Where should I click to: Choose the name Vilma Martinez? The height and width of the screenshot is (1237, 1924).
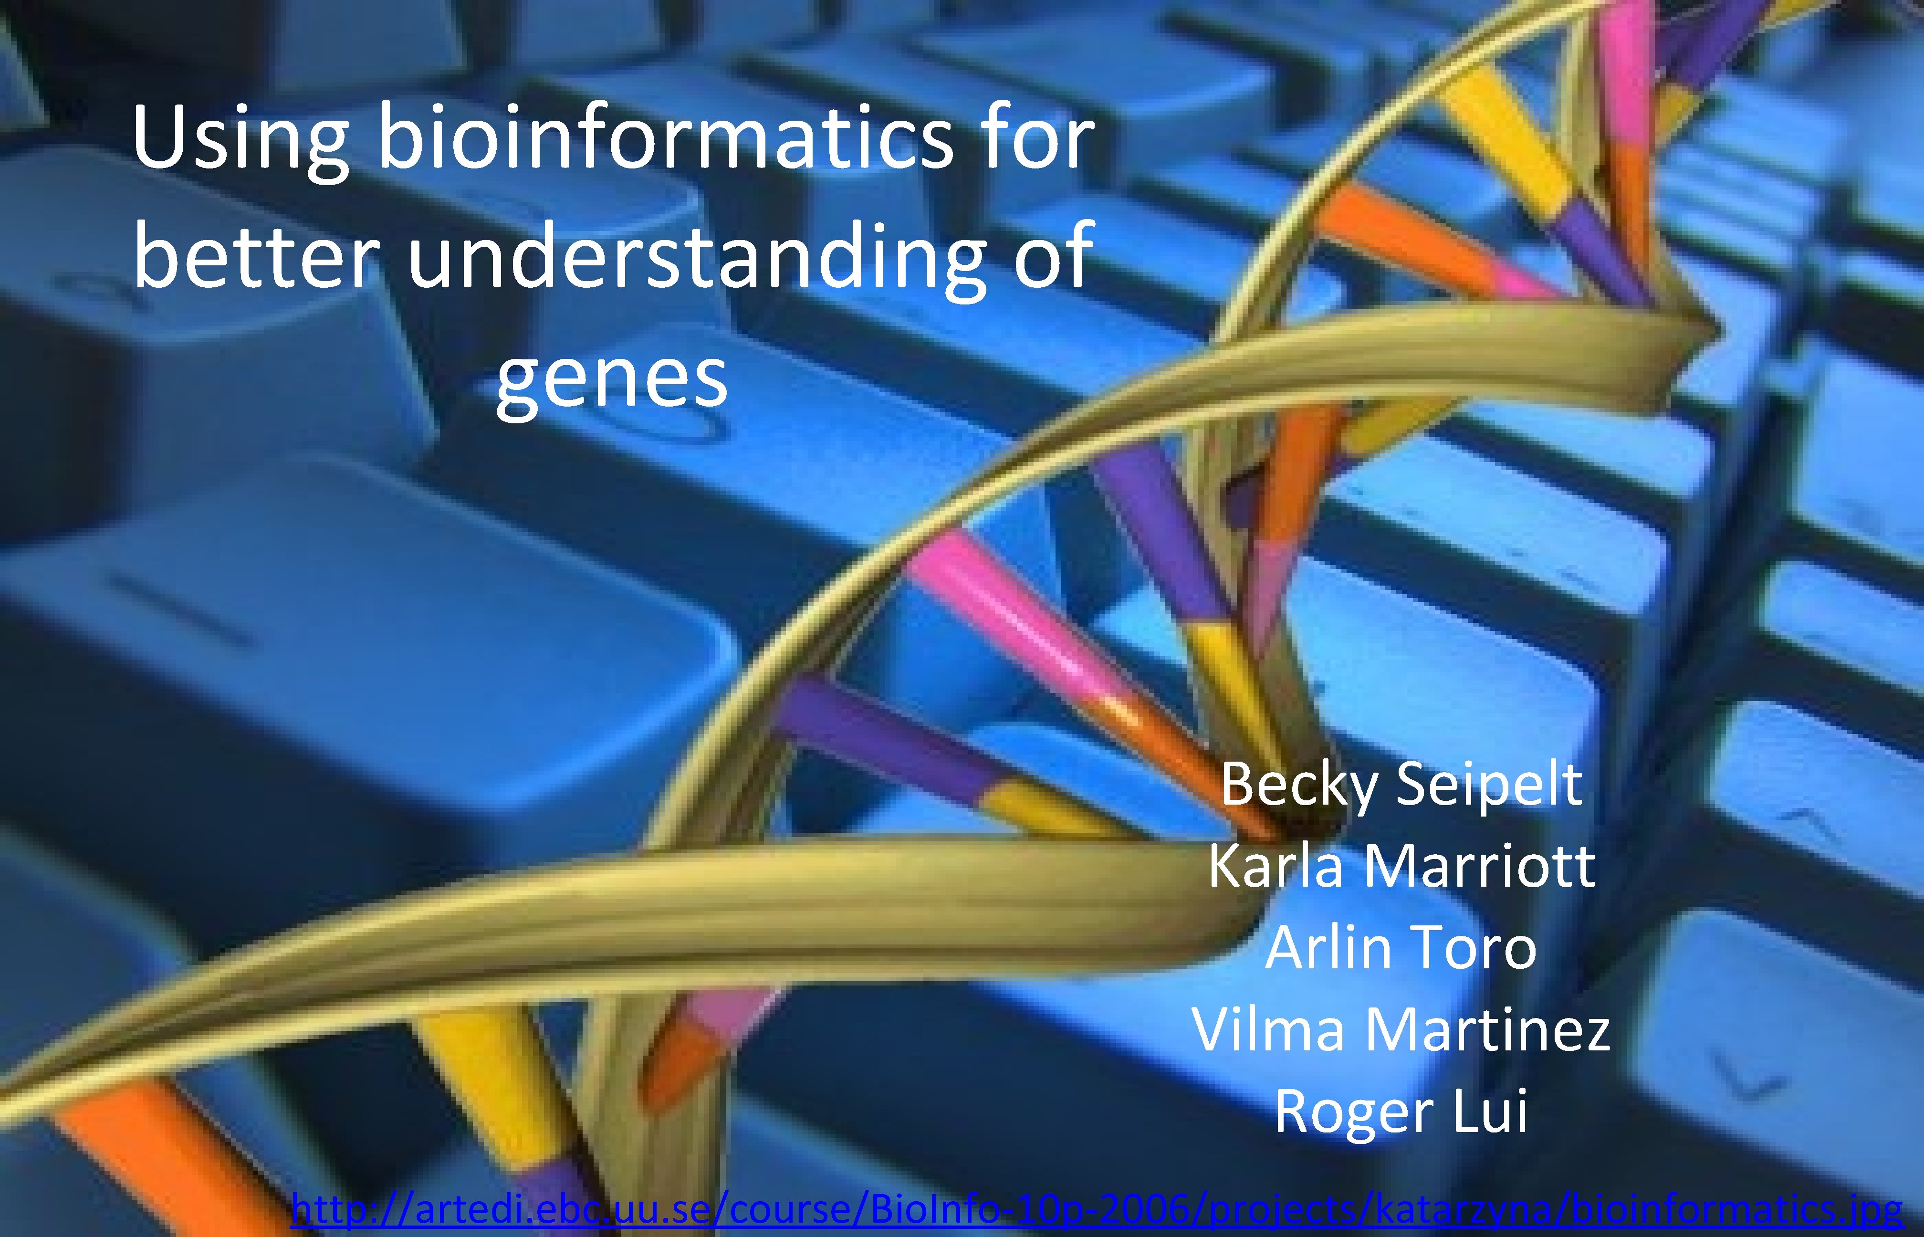click(1401, 1029)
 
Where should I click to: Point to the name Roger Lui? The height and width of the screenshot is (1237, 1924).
click(1401, 1111)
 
